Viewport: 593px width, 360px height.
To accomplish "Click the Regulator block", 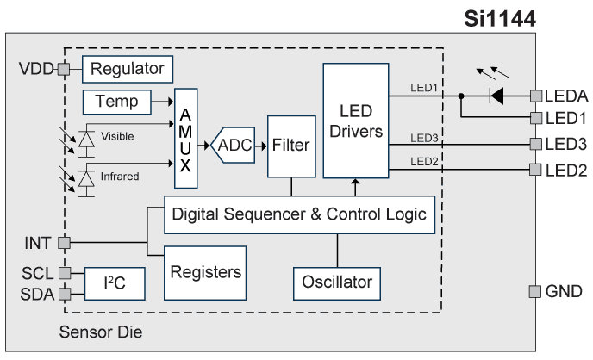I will pos(128,67).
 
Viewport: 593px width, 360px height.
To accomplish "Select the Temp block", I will pos(116,101).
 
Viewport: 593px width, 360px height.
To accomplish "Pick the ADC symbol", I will pos(234,146).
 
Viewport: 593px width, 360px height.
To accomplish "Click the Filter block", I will pos(290,146).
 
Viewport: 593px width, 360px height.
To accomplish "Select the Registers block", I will pos(204,272).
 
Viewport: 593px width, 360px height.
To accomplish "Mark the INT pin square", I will pos(62,243).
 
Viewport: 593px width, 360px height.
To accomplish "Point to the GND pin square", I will pos(535,291).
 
